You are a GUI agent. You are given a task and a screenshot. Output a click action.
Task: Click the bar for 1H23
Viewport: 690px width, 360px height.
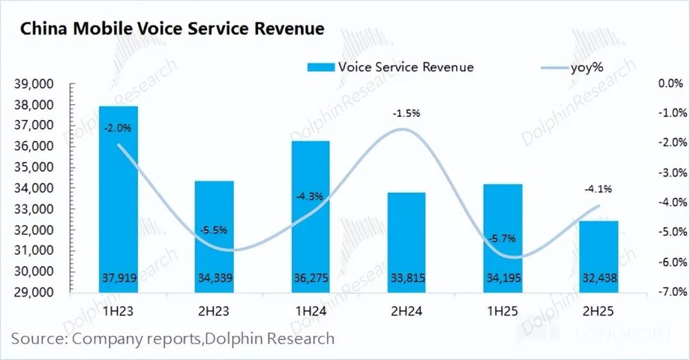click(x=117, y=199)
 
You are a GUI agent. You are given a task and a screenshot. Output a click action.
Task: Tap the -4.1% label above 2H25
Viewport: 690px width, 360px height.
click(x=597, y=188)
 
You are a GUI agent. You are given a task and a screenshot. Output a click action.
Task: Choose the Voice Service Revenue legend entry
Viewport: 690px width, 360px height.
click(x=390, y=67)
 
